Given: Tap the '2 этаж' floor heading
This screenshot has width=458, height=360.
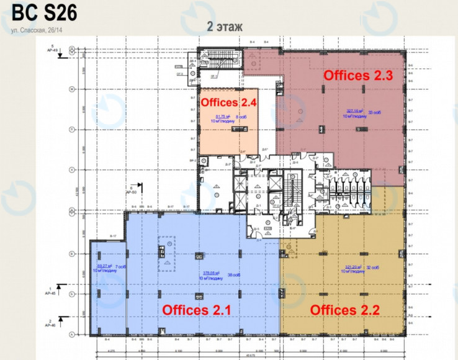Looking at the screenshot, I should click(x=225, y=26).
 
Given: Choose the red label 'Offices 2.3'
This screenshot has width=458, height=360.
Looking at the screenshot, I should click(x=358, y=75).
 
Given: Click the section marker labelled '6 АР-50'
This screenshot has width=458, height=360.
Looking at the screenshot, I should click(x=133, y=189).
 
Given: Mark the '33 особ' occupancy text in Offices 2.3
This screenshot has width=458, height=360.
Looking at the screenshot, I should click(x=374, y=112).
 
